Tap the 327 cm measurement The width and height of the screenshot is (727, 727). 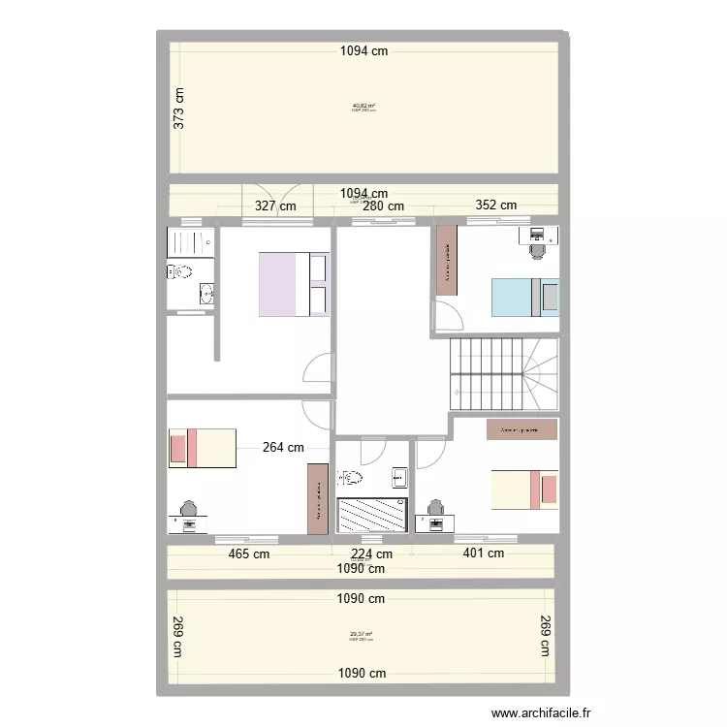pos(276,205)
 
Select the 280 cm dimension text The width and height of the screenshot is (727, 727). pos(383,205)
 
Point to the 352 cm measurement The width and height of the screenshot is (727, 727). pos(495,205)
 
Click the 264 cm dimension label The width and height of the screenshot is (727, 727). pos(283,447)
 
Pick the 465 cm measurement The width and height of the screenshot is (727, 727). pos(249,553)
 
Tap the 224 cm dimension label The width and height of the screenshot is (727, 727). pos(371,554)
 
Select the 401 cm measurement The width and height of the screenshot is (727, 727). pos(483,553)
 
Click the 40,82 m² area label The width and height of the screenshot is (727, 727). pos(363,106)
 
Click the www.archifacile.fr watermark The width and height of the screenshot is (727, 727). pos(541,712)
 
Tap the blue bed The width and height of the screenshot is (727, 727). pos(524,298)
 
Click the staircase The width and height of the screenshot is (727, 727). pos(504,374)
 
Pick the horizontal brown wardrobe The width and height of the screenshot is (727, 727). pos(522,429)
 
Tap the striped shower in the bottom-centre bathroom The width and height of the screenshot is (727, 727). pos(371,514)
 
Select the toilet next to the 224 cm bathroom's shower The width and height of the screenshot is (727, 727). pos(350,477)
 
